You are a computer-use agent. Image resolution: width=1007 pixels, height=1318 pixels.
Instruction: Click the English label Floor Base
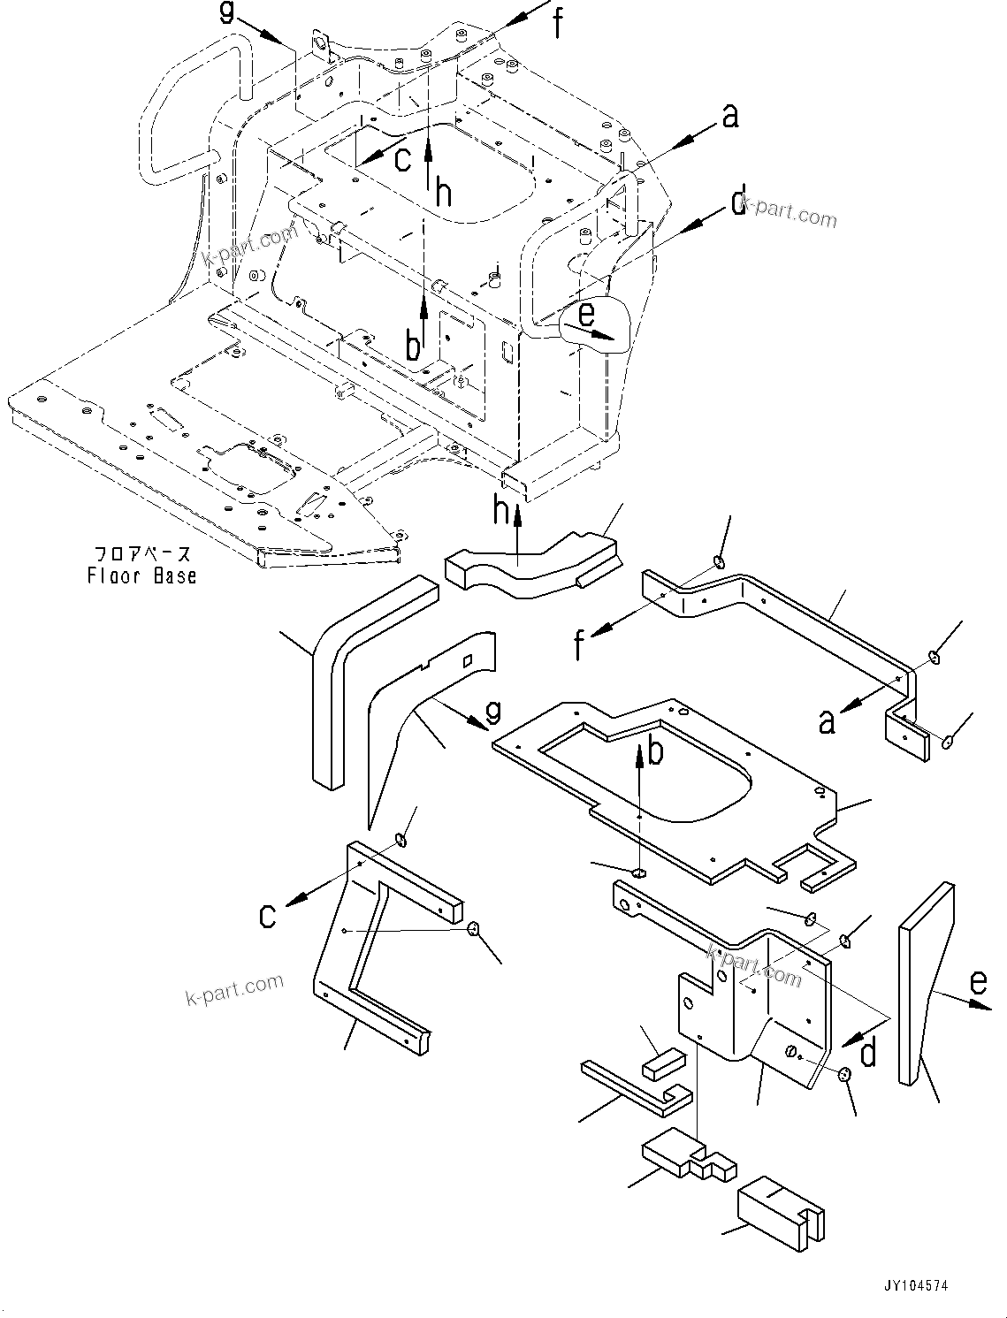coord(141,576)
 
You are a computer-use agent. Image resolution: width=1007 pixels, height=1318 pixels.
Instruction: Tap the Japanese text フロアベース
coord(142,555)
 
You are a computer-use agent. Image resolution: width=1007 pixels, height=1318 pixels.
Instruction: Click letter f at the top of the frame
coord(558,23)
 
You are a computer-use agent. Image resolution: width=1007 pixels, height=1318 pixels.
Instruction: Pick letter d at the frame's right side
coord(739,202)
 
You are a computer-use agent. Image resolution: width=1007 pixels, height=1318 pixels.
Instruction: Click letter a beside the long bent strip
coord(827,721)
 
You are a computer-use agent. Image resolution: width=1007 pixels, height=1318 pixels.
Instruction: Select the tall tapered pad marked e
coord(924,972)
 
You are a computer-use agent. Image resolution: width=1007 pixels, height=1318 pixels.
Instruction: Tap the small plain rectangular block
coord(664,1062)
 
